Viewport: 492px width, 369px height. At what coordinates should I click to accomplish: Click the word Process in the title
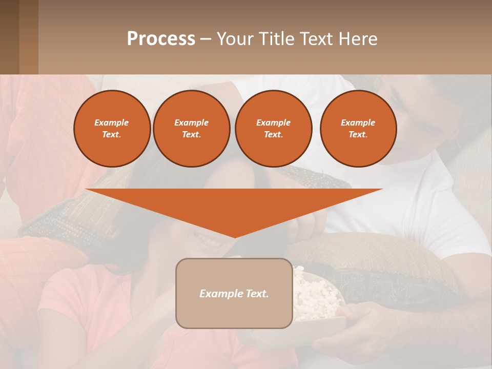[161, 39]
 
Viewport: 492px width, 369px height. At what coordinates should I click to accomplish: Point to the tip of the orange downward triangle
[234, 236]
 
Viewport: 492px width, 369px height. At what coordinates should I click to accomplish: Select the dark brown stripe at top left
[10, 37]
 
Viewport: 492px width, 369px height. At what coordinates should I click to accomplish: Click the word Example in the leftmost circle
[112, 122]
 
